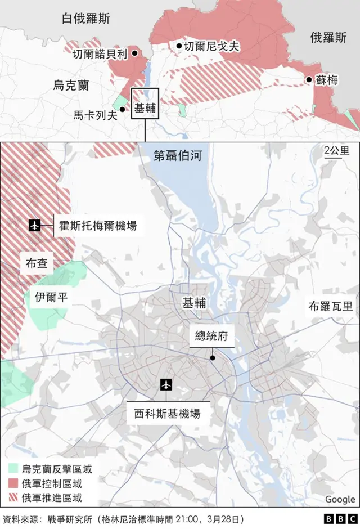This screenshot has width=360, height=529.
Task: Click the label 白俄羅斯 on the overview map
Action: [86, 19]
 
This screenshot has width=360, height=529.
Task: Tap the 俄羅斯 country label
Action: [328, 38]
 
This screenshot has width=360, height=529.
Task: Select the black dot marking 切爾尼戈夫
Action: [179, 46]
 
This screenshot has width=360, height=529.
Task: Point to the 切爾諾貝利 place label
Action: [100, 55]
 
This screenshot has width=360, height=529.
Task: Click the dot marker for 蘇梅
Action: [309, 80]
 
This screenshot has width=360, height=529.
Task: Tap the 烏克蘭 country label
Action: [71, 86]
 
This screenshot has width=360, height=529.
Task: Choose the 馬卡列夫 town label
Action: [95, 115]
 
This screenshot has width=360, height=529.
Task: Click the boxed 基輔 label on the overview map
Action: [145, 108]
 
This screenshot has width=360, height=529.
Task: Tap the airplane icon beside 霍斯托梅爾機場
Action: [35, 226]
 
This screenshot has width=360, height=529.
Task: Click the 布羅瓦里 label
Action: [331, 306]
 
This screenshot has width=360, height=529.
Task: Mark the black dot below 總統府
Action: [213, 357]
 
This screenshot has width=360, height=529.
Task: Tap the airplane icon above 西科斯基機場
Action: [166, 384]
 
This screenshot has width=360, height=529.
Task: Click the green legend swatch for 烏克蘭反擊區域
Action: [13, 468]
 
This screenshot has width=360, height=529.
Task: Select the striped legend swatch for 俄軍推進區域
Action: [13, 497]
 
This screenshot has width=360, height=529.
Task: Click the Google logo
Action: [340, 499]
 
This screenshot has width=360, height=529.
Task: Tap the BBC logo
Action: [340, 519]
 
